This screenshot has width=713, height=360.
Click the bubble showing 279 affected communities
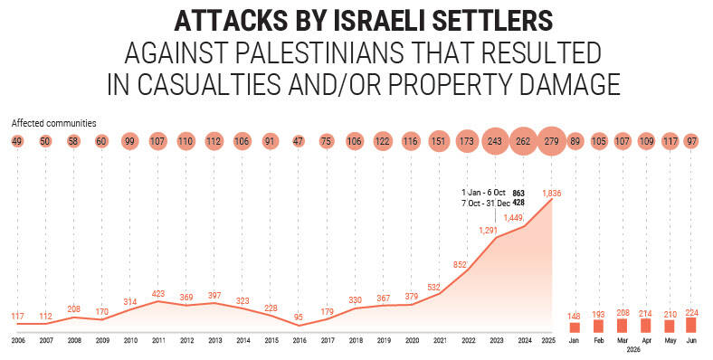(551, 141)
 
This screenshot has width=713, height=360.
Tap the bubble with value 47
(298, 141)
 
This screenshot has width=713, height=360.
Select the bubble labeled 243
(495, 141)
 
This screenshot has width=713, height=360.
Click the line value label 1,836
(552, 194)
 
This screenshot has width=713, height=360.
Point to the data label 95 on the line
(299, 317)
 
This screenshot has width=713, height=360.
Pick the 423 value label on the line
(157, 294)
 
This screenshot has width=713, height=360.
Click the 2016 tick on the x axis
(299, 340)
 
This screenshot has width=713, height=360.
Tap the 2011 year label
(158, 340)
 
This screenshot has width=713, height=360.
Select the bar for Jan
(575, 327)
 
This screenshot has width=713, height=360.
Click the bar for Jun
(690, 325)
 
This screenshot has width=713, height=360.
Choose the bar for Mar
(622, 326)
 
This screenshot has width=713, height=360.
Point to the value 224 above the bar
(690, 312)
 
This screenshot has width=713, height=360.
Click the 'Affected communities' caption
(53, 123)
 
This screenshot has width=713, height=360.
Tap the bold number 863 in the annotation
(518, 194)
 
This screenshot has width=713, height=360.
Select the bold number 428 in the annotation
(518, 203)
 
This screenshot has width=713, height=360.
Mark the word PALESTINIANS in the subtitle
(319, 52)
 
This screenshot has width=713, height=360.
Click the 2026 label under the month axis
(633, 350)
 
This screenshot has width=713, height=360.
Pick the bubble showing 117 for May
(669, 141)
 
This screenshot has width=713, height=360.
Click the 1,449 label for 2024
(514, 218)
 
